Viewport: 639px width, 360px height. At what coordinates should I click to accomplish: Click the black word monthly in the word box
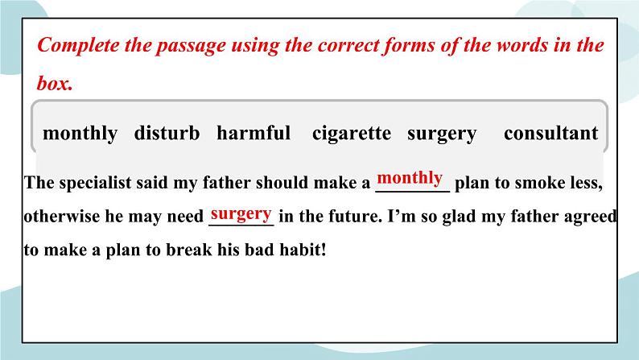point(80,134)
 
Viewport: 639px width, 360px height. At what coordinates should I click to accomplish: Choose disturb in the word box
point(167,134)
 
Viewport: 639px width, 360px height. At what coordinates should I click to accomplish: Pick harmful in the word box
point(254,134)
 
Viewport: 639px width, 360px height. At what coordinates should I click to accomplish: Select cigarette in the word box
point(352,134)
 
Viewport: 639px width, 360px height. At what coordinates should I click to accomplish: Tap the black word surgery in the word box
point(442,134)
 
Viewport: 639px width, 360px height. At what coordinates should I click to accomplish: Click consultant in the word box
point(550,134)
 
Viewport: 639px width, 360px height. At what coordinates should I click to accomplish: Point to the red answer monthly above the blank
point(410,178)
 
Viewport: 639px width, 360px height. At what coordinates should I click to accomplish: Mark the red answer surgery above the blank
point(241,214)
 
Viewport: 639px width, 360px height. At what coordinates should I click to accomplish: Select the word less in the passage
point(583,183)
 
